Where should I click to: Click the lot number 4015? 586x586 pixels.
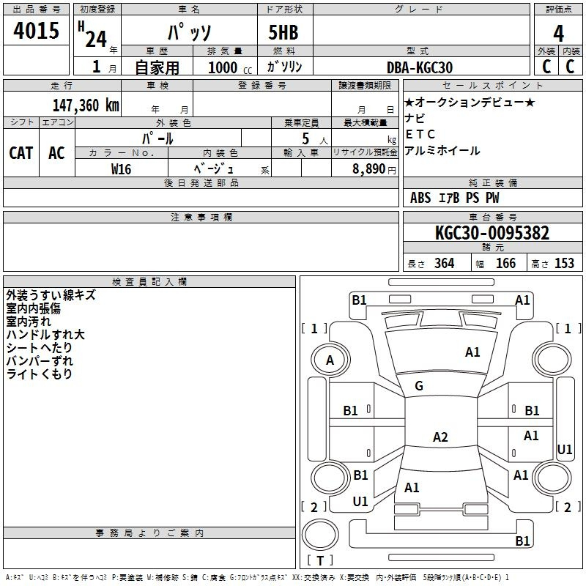37,31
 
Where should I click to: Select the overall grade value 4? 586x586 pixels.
558,34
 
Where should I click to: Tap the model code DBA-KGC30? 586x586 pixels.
420,67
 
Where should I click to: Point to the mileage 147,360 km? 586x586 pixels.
86,105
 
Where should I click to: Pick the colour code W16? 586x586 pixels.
121,168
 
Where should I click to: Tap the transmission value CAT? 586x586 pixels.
21,153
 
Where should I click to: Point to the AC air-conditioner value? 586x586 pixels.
56,153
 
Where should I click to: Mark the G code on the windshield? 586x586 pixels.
419,386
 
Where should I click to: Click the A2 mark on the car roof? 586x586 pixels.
440,437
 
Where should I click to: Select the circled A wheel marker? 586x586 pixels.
330,360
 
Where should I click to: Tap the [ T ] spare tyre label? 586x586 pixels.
320,560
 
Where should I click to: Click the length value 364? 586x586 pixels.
444,264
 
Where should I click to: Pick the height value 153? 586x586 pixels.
564,264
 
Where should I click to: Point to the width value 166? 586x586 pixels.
505,264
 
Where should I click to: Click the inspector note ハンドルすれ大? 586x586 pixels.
45,335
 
